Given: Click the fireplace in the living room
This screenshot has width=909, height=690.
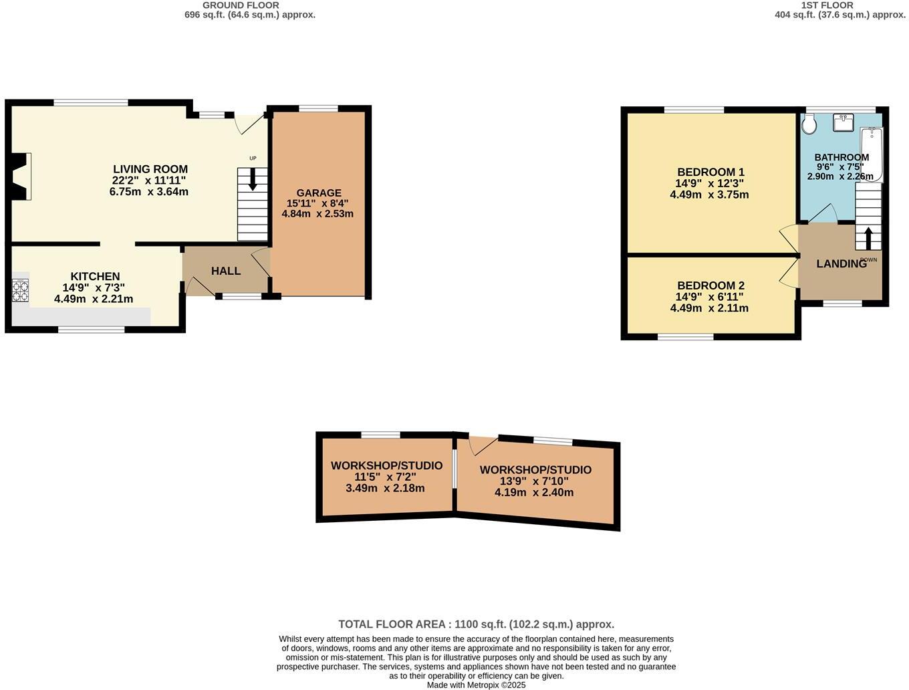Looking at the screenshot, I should pos(20,177).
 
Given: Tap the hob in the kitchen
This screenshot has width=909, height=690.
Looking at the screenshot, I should pos(20,291).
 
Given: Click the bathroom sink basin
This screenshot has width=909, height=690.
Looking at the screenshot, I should pos(843,122).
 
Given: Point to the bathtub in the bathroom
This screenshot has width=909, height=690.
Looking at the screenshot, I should pos(872,154).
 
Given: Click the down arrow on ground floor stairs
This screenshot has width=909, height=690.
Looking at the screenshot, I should pos(253,179).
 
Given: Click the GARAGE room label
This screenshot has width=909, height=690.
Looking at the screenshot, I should pos(319,193).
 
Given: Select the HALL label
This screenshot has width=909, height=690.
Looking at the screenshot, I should pos(226,271).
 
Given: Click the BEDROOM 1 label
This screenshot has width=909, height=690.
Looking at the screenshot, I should pos(710,172).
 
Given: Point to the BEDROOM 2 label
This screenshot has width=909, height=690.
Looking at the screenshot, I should pos(710,285).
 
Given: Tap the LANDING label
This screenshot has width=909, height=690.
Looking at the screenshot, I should pos(841,264).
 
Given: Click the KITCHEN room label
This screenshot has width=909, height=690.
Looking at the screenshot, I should pos(95,276).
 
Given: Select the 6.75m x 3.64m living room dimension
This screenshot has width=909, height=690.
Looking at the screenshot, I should pos(149,192).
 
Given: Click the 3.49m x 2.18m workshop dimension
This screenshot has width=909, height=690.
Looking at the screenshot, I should pos(385,488).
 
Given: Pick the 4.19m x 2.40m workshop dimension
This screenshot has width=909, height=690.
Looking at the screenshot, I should pos(534,493).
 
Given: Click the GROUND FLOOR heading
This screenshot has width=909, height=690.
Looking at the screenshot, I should pos(241,5).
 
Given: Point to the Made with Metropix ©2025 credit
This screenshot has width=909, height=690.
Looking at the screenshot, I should pos(476,685).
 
